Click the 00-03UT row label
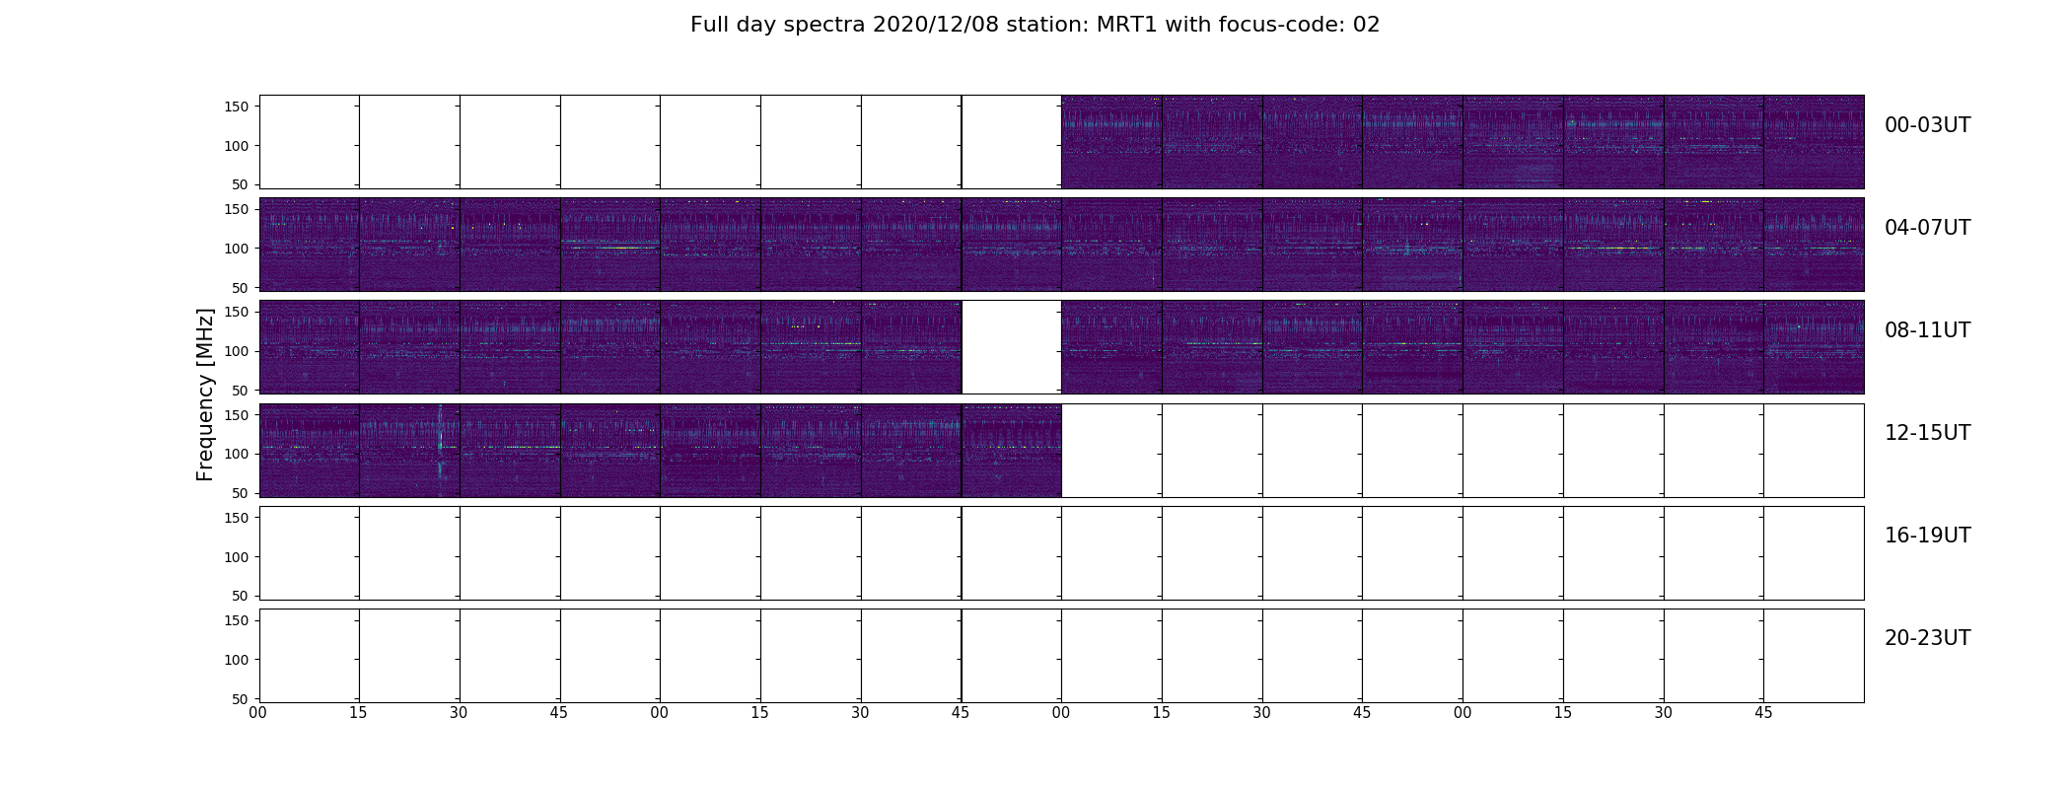[1927, 125]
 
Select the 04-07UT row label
[1927, 228]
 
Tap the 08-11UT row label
[1927, 330]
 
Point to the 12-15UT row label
[1927, 433]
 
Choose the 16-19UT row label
[1927, 536]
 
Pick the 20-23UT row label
[1927, 638]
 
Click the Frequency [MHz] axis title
[205, 394]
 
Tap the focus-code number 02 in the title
[1367, 25]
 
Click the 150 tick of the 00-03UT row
[236, 107]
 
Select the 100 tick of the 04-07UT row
[236, 249]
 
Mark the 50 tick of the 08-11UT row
[241, 390]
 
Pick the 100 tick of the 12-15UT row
[236, 454]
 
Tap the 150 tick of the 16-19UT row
[236, 518]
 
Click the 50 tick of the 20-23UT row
[241, 698]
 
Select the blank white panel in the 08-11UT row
[1012, 347]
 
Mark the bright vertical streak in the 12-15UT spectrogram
[440, 450]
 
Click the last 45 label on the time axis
[1763, 712]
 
